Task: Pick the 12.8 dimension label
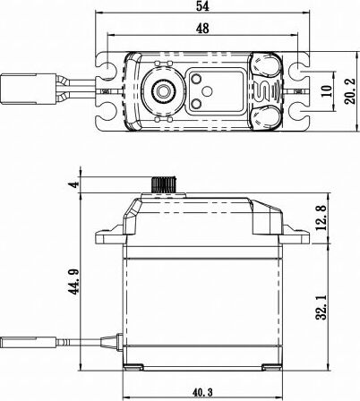pos(323,217)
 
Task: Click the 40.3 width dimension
pos(203,391)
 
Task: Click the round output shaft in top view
pos(165,91)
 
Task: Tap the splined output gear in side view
pos(164,184)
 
